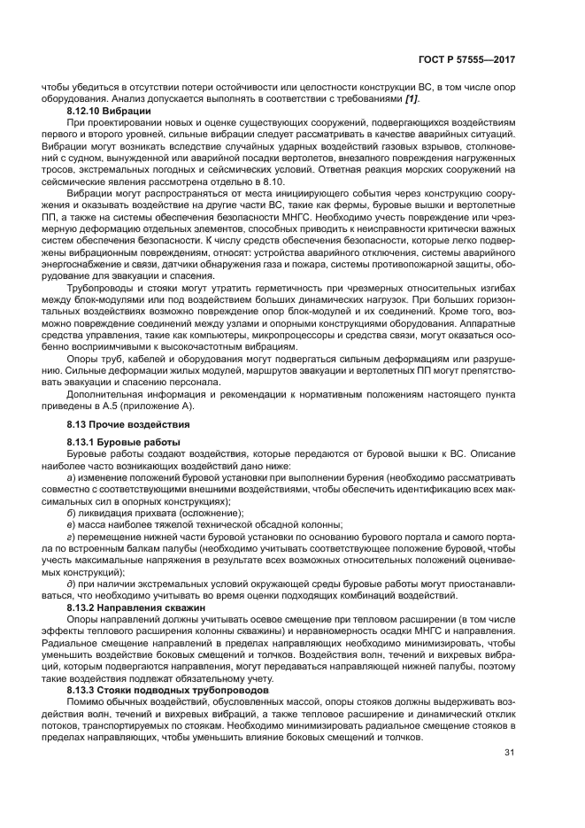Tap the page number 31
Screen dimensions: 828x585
point(510,753)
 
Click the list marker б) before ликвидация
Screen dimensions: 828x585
point(70,512)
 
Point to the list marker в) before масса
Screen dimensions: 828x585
point(70,523)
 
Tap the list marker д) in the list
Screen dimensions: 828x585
point(70,584)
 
